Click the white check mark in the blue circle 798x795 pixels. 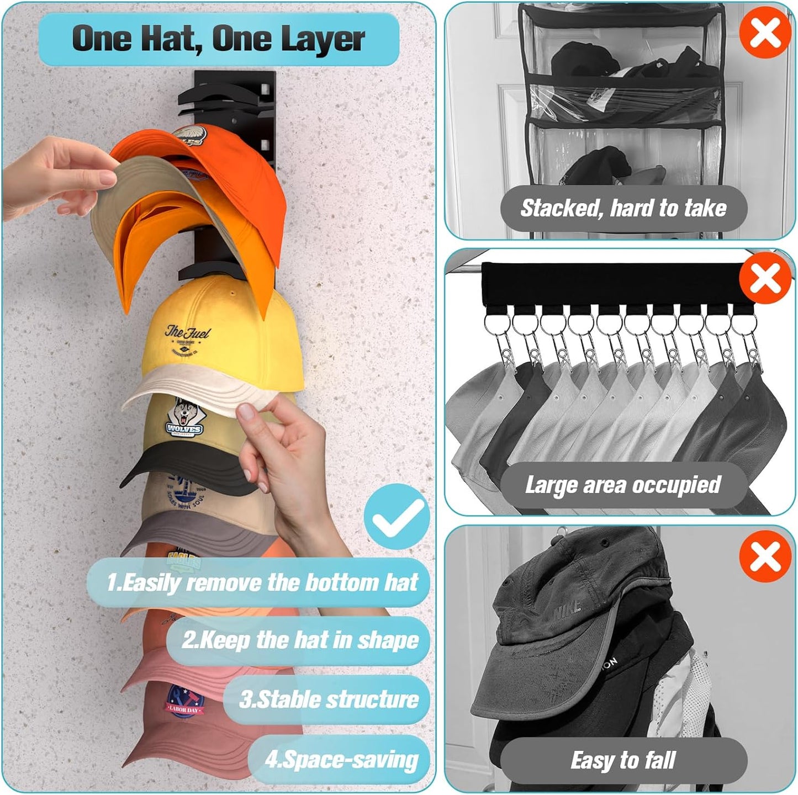coord(397,516)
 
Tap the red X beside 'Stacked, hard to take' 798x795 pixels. coord(765,32)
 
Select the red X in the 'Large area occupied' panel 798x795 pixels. coord(765,278)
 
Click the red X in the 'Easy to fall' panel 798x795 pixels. coord(765,556)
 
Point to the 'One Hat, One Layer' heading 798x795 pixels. coord(218,39)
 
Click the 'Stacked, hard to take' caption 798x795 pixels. coord(623,208)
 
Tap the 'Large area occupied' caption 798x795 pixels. coord(623,485)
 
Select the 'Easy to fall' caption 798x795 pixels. coord(623,760)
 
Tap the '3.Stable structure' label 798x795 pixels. coord(329,699)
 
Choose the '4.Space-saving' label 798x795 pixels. coord(341,759)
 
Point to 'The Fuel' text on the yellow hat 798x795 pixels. coord(188,333)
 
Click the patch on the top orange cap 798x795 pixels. coord(189,135)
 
